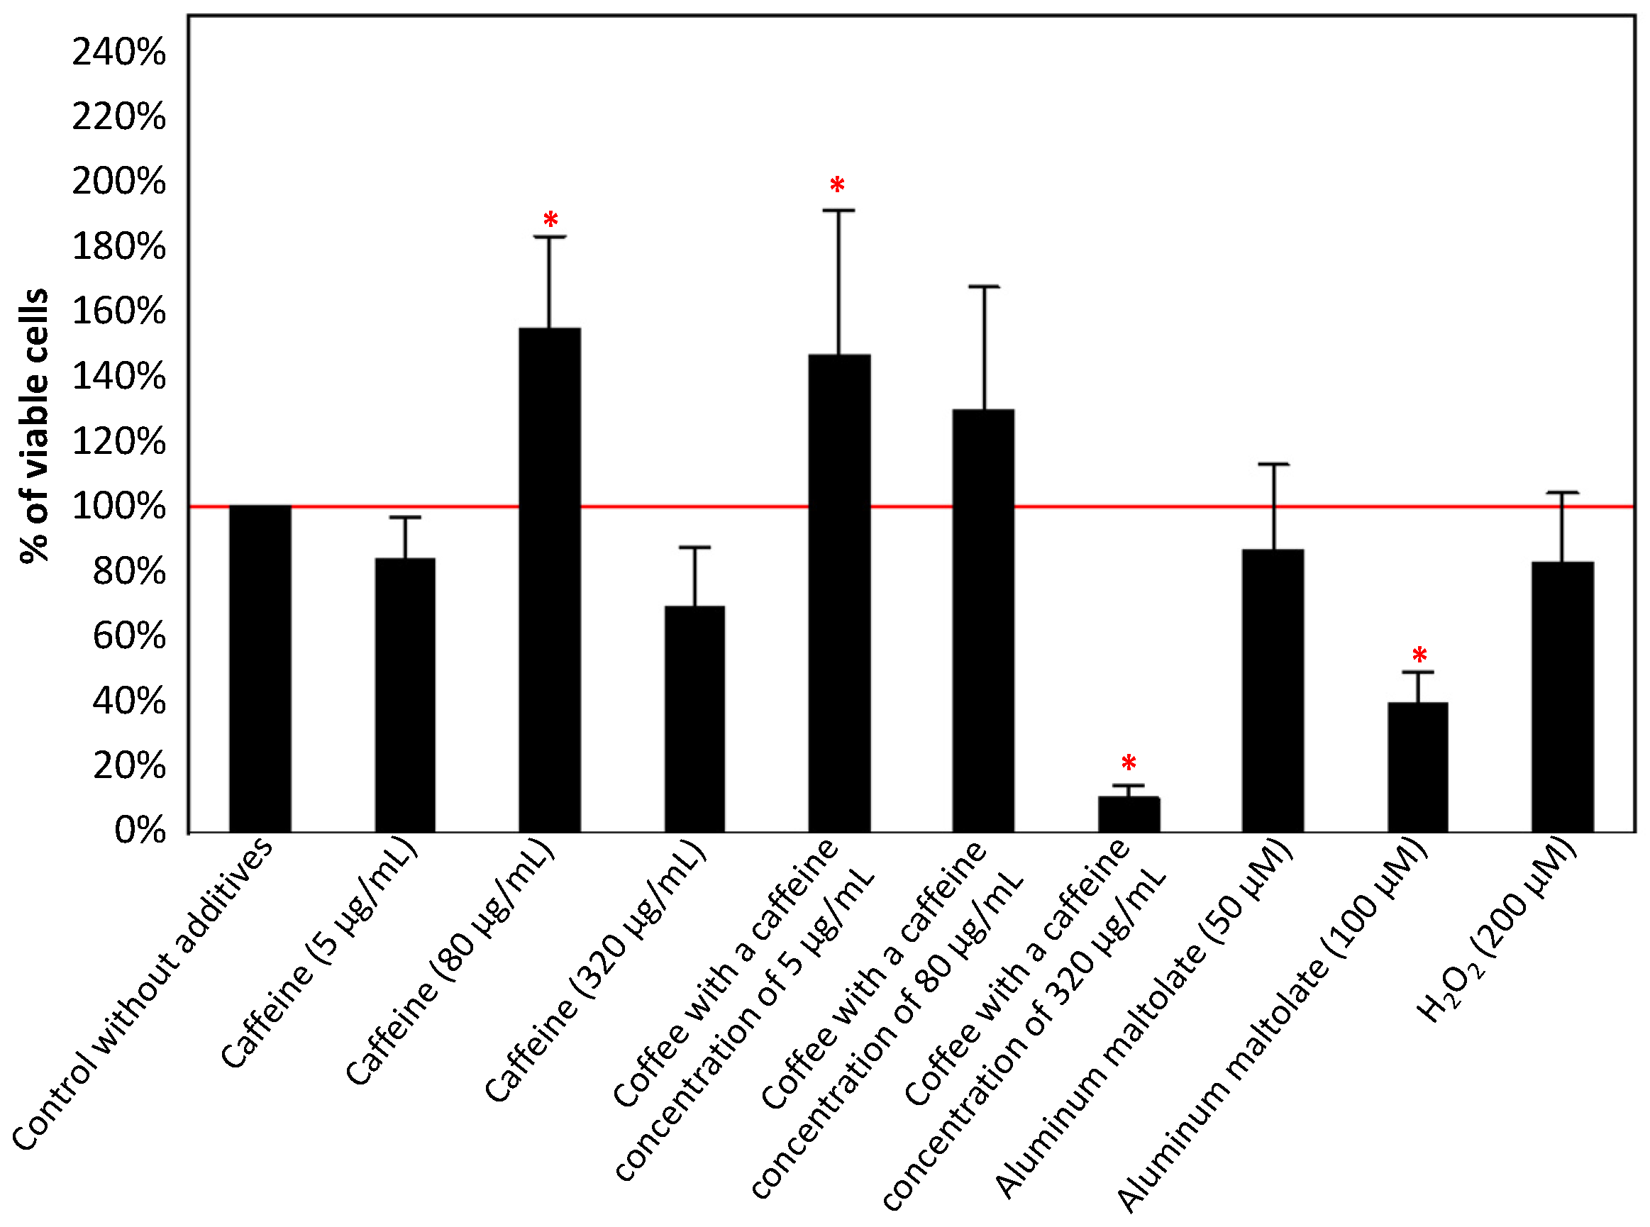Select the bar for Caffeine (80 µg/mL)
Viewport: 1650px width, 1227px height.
[550, 579]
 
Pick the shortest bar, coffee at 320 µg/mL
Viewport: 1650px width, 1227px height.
[1129, 814]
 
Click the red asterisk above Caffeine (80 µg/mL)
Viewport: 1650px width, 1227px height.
[550, 220]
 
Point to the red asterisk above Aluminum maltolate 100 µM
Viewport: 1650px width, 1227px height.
[1419, 656]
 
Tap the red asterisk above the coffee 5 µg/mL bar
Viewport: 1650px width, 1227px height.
[837, 185]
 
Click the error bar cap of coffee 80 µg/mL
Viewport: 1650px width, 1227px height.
[985, 286]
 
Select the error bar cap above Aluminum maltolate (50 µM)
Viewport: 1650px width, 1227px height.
[1273, 465]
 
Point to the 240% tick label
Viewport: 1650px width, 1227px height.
[119, 52]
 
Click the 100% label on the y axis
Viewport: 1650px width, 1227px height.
[119, 506]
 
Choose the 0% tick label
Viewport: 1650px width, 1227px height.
[140, 831]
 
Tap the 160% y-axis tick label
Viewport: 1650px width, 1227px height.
[119, 311]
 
